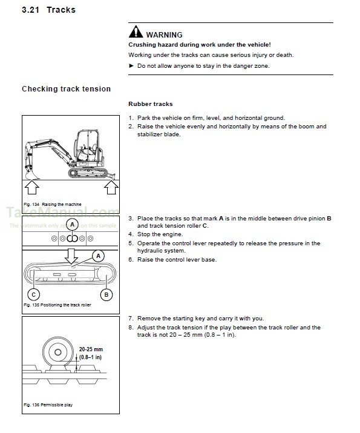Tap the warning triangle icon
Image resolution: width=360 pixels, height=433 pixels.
(x=136, y=33)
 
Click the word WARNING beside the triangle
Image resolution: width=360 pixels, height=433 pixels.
(x=164, y=35)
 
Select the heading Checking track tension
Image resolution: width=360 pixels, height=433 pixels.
(x=66, y=89)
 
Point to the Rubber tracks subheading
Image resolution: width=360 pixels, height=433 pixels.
(x=150, y=104)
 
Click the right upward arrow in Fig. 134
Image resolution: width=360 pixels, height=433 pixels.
(x=110, y=188)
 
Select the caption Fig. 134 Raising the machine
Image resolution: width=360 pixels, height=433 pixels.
(x=53, y=205)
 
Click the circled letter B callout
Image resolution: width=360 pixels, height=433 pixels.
(x=106, y=295)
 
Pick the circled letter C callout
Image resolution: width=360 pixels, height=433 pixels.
(x=33, y=295)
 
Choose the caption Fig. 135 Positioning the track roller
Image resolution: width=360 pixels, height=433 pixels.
(x=57, y=305)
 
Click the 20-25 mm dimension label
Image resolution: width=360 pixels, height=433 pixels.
(x=91, y=349)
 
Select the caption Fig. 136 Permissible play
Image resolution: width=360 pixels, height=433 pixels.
(x=48, y=405)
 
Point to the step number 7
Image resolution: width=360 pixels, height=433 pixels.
(x=130, y=319)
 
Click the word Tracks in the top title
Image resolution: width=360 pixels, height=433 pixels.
(x=61, y=10)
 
